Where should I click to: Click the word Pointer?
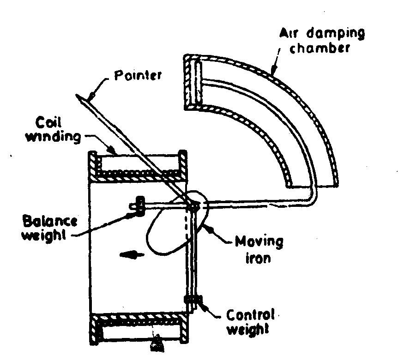pyautogui.click(x=138, y=75)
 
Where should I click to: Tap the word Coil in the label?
pyautogui.click(x=48, y=123)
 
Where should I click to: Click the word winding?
pyautogui.click(x=53, y=137)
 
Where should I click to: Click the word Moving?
pyautogui.click(x=259, y=242)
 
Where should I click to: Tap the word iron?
pyautogui.click(x=258, y=258)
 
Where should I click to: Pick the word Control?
pyautogui.click(x=250, y=315)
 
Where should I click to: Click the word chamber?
pyautogui.click(x=320, y=48)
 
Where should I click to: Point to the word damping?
pyautogui.click(x=336, y=34)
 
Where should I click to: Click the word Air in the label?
pyautogui.click(x=289, y=33)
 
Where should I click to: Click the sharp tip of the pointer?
pyautogui.click(x=76, y=95)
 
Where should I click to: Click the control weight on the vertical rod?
pyautogui.click(x=193, y=300)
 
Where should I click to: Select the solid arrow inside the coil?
pyautogui.click(x=132, y=255)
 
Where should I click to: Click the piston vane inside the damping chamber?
pyautogui.click(x=198, y=83)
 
